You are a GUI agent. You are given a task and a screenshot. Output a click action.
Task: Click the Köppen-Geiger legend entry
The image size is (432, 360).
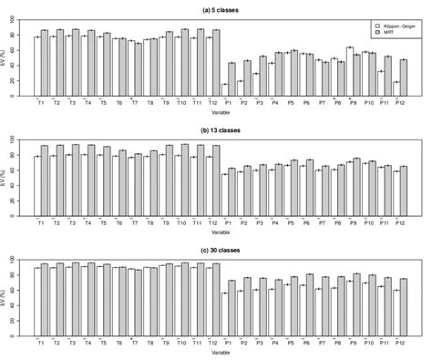point(396,26)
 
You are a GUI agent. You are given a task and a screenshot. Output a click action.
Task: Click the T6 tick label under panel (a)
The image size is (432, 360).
point(119,103)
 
